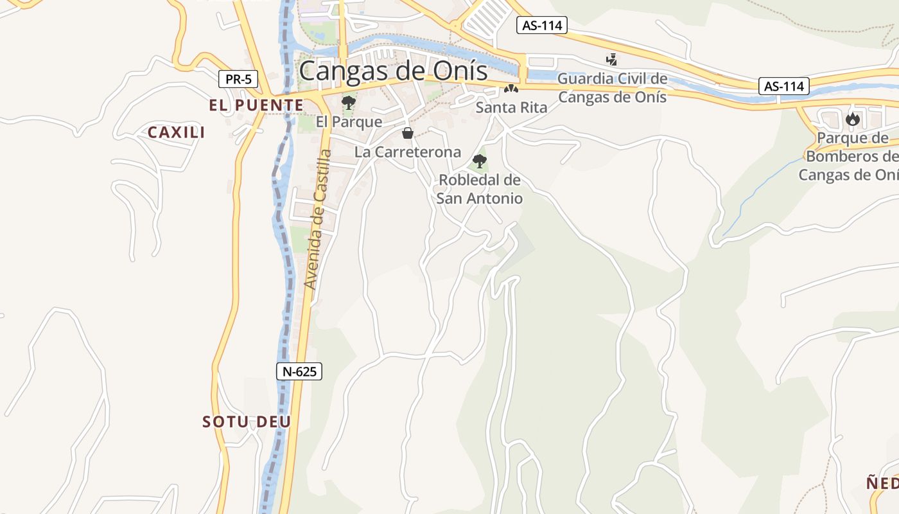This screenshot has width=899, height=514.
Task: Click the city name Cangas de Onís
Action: tap(393, 71)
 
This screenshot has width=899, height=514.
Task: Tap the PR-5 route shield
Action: tap(238, 80)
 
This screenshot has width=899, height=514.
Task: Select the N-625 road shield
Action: tap(299, 371)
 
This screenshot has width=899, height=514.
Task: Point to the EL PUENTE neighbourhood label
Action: tap(256, 105)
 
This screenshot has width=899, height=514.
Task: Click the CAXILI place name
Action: tap(177, 132)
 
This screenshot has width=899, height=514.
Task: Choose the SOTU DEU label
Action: tap(247, 422)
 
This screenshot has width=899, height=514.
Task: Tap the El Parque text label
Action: tap(349, 121)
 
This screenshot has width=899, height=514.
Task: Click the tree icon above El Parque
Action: tap(349, 103)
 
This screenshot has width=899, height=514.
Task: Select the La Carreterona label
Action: tap(408, 152)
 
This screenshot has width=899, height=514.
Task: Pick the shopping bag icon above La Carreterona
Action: tap(407, 133)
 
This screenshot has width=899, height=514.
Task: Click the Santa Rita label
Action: tap(511, 107)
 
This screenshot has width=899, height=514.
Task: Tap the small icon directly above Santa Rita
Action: tap(511, 89)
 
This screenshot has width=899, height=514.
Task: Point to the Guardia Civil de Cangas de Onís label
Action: tap(613, 88)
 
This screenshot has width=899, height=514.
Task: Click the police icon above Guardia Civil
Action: tap(611, 60)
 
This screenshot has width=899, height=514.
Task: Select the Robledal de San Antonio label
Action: tap(480, 189)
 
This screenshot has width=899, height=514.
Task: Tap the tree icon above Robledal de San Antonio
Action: tap(479, 161)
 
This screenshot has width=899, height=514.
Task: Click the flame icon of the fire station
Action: tap(852, 119)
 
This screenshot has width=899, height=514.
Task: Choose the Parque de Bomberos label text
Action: tap(850, 156)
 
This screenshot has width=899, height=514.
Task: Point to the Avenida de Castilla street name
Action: tap(319, 218)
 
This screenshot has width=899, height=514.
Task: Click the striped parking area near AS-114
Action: tap(485, 17)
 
